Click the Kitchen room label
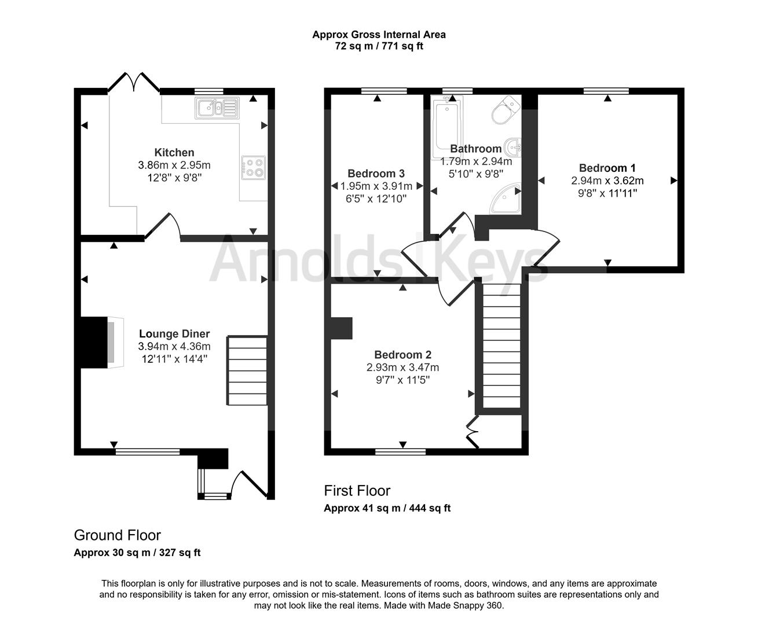(174, 153)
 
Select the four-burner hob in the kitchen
(253, 167)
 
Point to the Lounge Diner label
(174, 334)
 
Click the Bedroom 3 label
(376, 174)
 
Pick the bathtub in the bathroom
(445, 128)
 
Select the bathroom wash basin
(513, 146)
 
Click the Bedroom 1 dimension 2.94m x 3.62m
(607, 181)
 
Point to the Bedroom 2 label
(402, 355)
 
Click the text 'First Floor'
(357, 491)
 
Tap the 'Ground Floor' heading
(117, 535)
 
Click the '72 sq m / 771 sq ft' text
(379, 46)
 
